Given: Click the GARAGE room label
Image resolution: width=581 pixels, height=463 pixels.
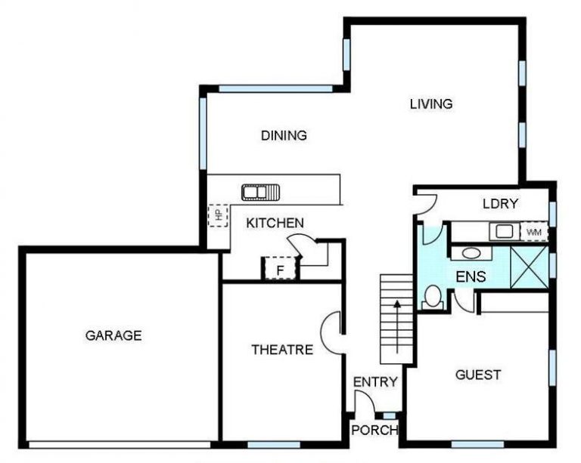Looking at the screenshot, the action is tap(113, 335).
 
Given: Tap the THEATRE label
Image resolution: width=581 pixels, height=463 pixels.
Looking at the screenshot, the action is tap(282, 350).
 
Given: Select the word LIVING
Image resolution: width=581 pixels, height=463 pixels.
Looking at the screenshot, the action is tap(431, 104).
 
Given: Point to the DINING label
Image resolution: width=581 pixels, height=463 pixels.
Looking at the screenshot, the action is tap(284, 136).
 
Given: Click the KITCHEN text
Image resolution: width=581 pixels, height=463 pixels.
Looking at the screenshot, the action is tap(275, 223).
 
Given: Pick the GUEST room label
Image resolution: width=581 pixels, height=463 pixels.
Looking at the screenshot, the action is tap(478, 375).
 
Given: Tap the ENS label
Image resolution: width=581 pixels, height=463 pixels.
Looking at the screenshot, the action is tap(471, 276).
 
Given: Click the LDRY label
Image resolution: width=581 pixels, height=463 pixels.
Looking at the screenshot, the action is tap(500, 204).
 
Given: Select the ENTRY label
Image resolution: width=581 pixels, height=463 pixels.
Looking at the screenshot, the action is tap(375, 381).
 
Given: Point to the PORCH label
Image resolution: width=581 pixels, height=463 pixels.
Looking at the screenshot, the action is tap(374, 430).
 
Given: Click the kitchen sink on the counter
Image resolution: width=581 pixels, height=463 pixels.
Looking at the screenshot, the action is tap(260, 193).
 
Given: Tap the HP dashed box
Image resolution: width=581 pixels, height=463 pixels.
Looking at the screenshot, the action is tap(218, 215).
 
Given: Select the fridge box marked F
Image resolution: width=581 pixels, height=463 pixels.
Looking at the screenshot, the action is tap(280, 269).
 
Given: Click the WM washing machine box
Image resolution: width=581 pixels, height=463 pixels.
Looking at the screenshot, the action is tap(534, 232).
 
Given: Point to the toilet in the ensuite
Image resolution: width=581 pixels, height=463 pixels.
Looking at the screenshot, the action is tap(432, 297).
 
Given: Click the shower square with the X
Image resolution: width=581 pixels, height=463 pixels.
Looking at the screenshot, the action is tap(529, 267).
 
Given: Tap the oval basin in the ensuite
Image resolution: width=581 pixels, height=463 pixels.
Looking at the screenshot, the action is tap(471, 254).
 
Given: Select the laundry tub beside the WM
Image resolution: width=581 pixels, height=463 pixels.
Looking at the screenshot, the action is tap(504, 232).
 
